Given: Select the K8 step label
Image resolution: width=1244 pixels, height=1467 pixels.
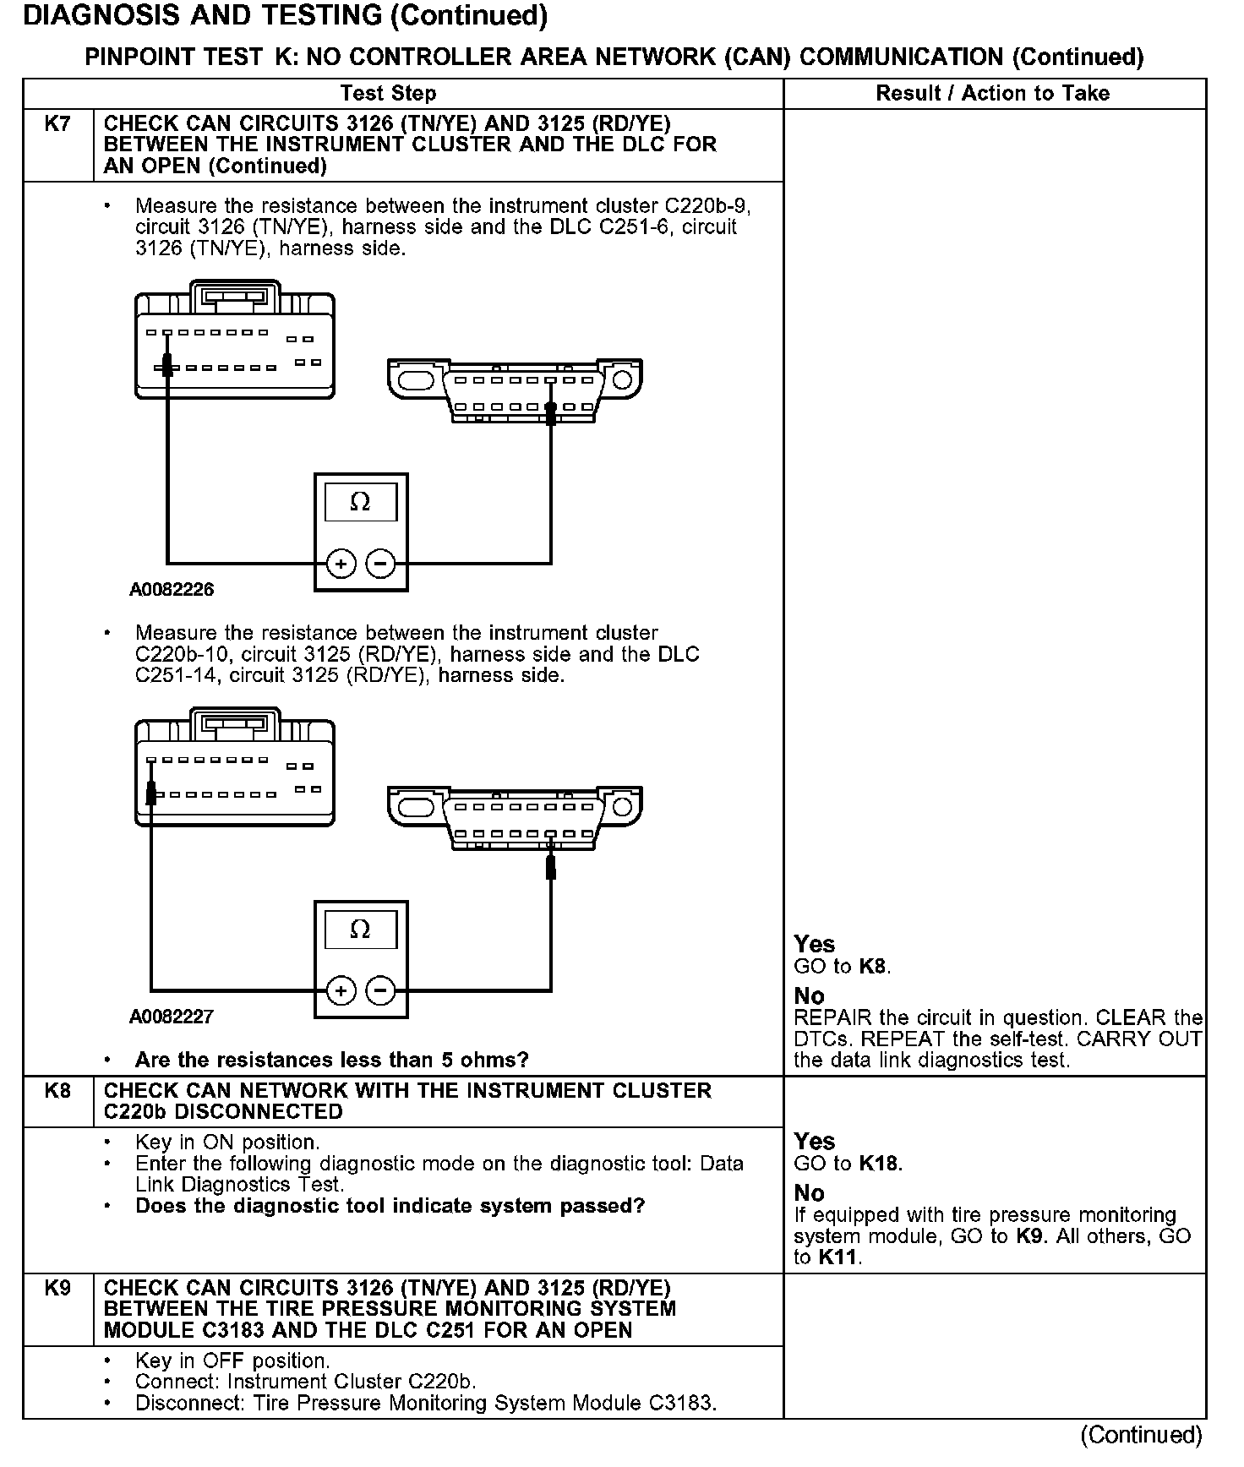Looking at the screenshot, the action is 57,1091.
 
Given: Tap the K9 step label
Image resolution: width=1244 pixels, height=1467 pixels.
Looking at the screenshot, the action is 57,1289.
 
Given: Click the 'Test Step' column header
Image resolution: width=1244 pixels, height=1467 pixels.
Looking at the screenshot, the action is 388,94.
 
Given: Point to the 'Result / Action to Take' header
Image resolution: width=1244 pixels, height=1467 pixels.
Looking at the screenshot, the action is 993,94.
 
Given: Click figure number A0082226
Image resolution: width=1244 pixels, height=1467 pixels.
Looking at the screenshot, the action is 172,590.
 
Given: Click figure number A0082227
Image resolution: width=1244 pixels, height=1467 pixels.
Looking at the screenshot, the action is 172,1017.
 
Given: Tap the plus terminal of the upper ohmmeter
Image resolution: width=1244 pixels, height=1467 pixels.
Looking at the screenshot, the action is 341,563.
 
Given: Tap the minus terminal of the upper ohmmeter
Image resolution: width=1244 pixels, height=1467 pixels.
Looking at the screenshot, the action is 381,563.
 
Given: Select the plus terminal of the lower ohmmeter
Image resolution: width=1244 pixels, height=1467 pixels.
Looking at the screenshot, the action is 341,990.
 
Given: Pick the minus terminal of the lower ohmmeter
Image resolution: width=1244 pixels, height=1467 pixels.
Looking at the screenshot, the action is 381,990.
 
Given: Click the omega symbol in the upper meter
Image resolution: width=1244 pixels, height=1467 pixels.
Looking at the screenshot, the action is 360,503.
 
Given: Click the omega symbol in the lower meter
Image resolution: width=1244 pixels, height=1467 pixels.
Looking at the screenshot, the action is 360,930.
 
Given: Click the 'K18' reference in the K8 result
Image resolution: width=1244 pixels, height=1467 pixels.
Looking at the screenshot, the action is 879,1164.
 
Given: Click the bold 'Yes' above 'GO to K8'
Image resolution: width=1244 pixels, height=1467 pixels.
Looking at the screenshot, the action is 815,944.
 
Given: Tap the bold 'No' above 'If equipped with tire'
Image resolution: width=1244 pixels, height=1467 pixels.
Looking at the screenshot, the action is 810,1193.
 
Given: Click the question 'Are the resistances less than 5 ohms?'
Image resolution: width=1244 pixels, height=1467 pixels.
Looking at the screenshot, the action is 332,1060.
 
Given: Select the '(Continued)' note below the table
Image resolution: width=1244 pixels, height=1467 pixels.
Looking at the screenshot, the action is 1141,1435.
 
